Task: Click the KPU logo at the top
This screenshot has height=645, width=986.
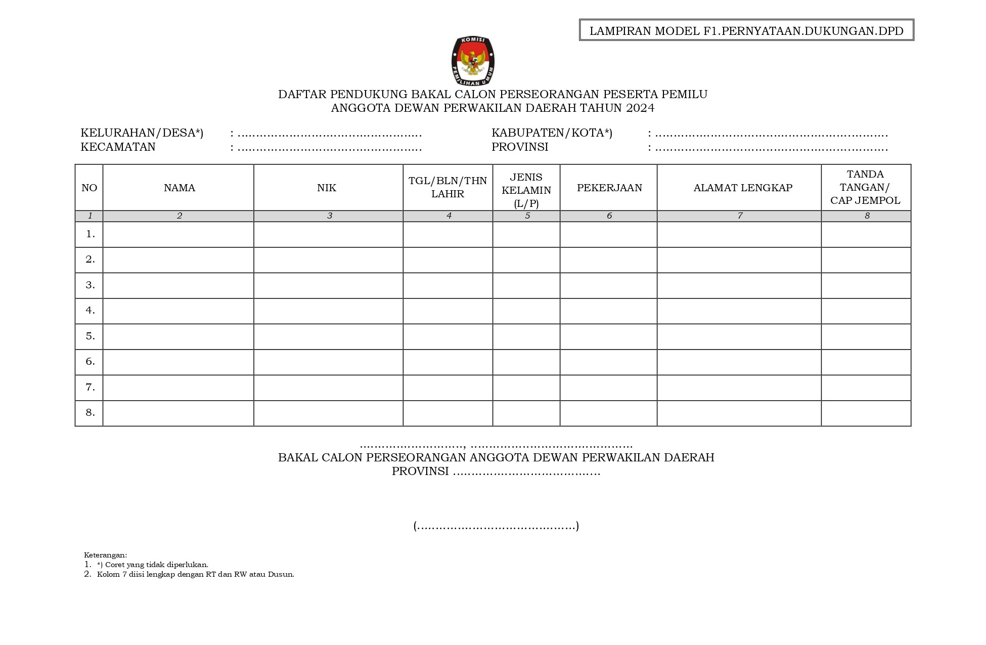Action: pyautogui.click(x=473, y=61)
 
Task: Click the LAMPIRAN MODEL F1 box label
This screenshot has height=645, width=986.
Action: pyautogui.click(x=746, y=31)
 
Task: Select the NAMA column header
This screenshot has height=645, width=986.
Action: pyautogui.click(x=179, y=188)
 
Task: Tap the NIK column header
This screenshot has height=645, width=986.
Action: pyautogui.click(x=327, y=188)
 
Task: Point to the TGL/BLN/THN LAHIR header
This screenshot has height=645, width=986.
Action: pyautogui.click(x=447, y=187)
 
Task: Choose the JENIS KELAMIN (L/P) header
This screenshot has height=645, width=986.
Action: pyautogui.click(x=526, y=190)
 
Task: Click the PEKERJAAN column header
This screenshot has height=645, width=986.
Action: pyautogui.click(x=609, y=188)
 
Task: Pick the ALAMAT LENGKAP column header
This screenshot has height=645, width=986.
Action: pyautogui.click(x=742, y=188)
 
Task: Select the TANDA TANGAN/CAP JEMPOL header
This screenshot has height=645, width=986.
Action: pyautogui.click(x=865, y=187)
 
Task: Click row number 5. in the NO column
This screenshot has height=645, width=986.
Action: pyautogui.click(x=90, y=336)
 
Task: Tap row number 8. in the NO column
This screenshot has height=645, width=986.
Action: pyautogui.click(x=90, y=412)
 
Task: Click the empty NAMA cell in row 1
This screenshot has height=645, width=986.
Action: pyautogui.click(x=178, y=234)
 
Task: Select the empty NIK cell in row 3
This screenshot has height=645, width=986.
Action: pyautogui.click(x=328, y=285)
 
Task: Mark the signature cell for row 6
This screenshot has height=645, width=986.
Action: pyautogui.click(x=866, y=362)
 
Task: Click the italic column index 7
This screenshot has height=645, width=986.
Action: pyautogui.click(x=740, y=216)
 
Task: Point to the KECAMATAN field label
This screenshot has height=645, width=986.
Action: pyautogui.click(x=118, y=147)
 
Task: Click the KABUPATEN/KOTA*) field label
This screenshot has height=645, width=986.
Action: pyautogui.click(x=552, y=133)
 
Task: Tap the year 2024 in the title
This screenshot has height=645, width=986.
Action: pyautogui.click(x=640, y=108)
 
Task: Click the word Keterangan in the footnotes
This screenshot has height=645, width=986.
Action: pyautogui.click(x=105, y=555)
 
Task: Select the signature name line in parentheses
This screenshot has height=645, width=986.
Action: pyautogui.click(x=496, y=526)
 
